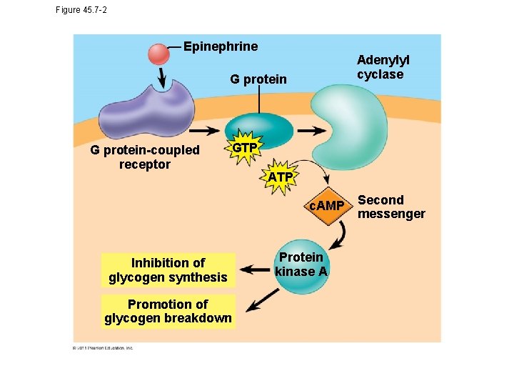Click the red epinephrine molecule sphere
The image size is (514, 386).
[x=158, y=54]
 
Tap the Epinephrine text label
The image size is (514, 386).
[x=221, y=46]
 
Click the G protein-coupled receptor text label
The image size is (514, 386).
[x=145, y=157]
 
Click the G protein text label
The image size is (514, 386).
[x=258, y=79]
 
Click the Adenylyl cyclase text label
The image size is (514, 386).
[x=383, y=68]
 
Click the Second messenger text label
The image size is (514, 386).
[x=390, y=207]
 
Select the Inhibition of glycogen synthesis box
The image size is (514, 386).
[x=168, y=270]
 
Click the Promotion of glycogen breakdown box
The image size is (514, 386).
[x=168, y=311]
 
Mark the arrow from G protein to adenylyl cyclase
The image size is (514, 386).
[x=310, y=132]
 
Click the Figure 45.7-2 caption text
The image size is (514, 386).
[x=81, y=10]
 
